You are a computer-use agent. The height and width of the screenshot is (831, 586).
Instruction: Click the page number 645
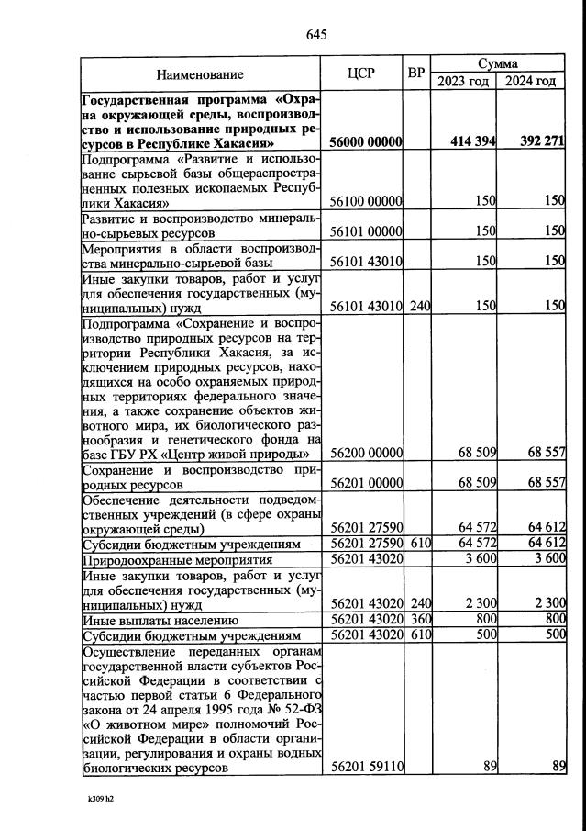pos(316,35)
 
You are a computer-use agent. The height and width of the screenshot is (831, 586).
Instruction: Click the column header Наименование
pos(200,74)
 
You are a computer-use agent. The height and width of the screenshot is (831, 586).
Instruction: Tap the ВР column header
pos(416,73)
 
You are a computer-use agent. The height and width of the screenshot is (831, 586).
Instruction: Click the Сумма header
pos(497,64)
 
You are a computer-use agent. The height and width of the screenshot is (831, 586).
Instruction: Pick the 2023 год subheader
pos(463,82)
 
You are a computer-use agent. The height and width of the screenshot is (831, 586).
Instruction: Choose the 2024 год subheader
pos(530,82)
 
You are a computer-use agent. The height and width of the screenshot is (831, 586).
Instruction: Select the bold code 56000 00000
pos(366,142)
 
